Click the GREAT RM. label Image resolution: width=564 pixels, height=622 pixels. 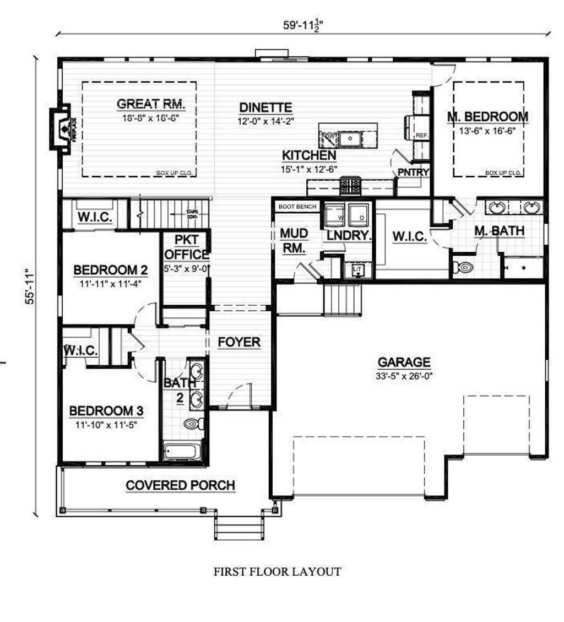[150, 104]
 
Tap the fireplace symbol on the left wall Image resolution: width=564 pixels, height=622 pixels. [62, 128]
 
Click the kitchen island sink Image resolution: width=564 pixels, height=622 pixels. [349, 138]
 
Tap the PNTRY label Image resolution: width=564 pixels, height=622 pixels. [414, 172]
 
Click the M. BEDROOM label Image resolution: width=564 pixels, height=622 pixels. [487, 117]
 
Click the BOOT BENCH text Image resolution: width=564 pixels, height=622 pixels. [297, 207]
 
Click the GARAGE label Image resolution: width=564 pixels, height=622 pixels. [404, 362]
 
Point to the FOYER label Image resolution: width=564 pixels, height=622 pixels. [239, 342]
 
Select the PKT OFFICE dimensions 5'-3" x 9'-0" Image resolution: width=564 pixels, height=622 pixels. [186, 269]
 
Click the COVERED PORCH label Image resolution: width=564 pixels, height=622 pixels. [181, 485]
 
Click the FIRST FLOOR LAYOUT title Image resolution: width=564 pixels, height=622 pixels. [277, 572]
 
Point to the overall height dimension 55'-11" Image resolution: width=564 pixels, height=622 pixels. [31, 286]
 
